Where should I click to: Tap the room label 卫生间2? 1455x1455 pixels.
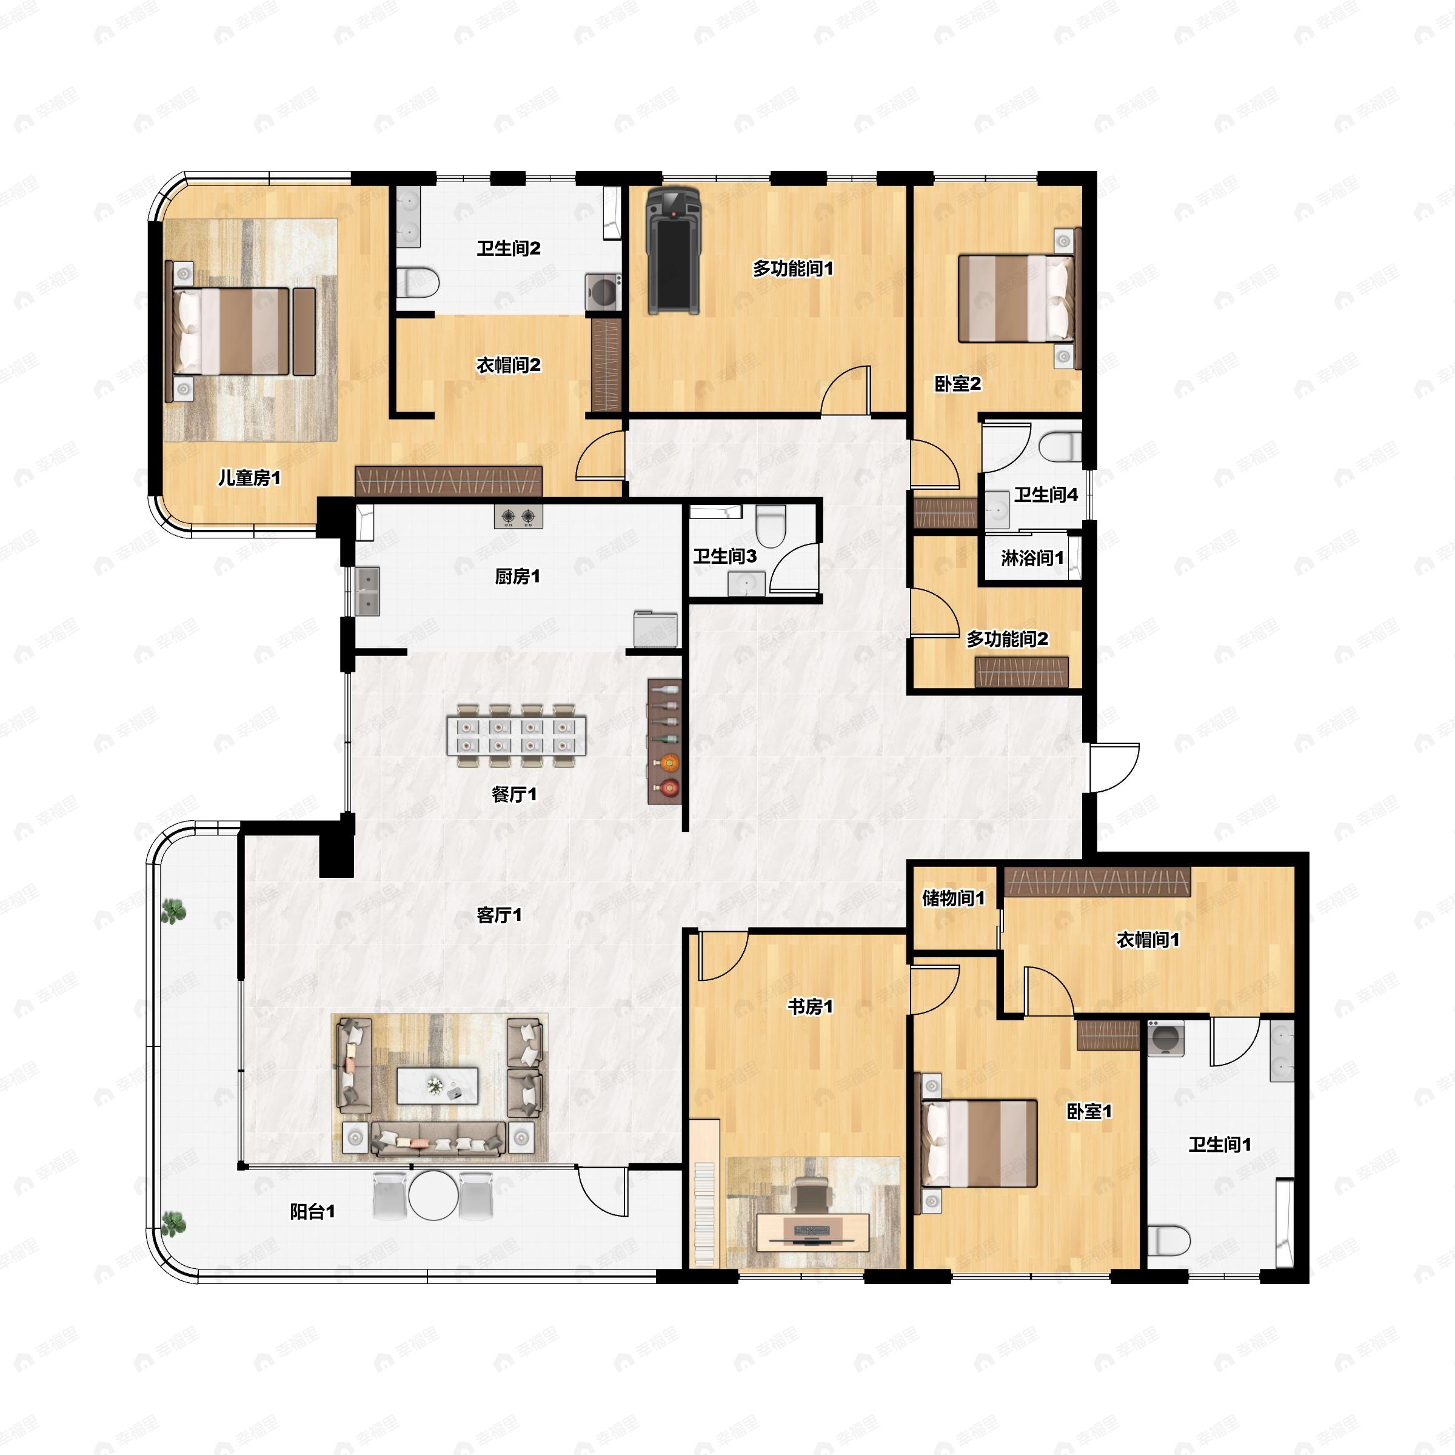509,249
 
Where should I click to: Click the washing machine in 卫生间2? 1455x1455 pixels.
603,291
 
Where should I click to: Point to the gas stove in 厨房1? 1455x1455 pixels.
518,517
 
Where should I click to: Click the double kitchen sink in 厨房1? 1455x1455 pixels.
368,592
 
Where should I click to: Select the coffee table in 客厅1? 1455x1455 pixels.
438,1085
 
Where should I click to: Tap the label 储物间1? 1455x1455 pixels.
954,898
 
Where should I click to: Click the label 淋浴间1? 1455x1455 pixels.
1032,558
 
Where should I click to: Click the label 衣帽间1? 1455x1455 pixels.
1148,940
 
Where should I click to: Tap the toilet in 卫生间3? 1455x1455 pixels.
771,526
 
